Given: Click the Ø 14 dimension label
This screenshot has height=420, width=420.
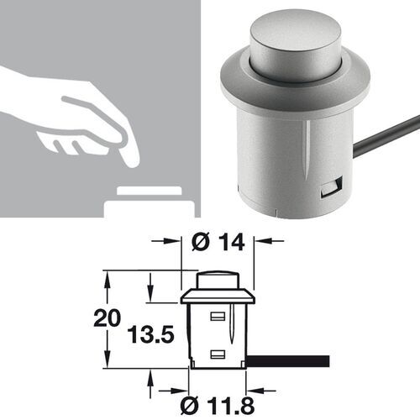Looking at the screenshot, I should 218,243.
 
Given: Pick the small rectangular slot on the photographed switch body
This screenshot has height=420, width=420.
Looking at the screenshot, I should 330,189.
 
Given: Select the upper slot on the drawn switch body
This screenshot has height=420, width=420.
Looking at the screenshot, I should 218,317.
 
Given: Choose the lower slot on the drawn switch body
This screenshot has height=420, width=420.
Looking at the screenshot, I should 218,354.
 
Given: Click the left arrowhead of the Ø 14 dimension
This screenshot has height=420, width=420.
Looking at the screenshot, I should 177,243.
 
